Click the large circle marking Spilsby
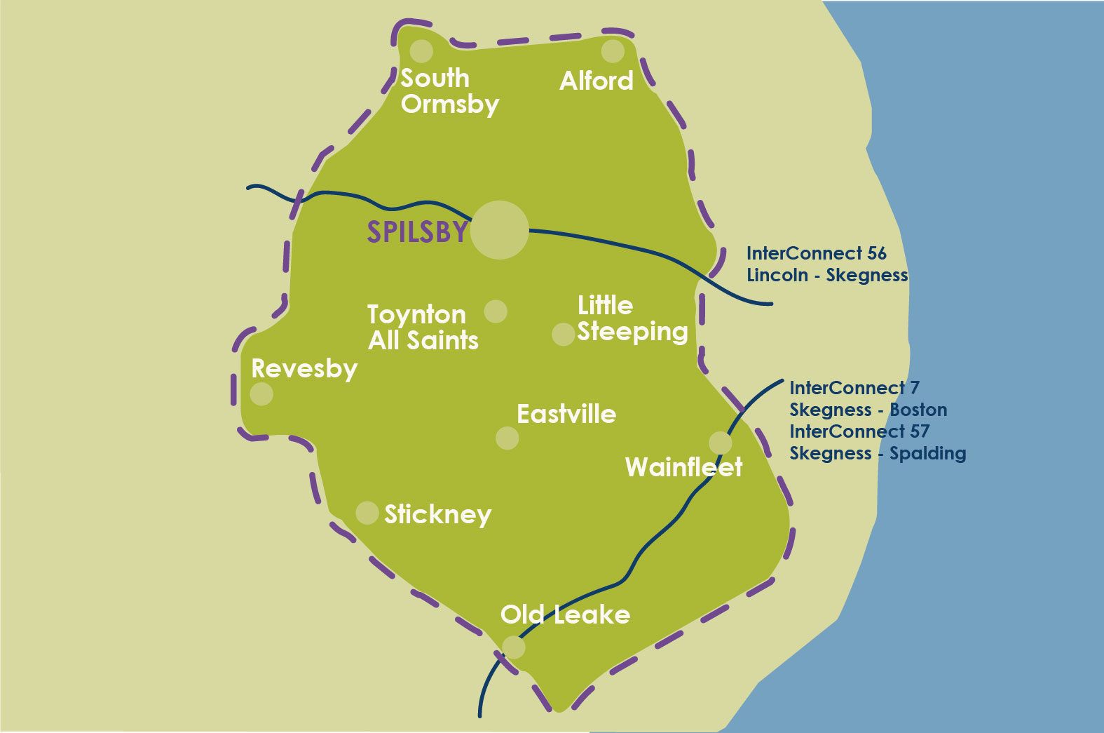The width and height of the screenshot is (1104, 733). [x=499, y=230]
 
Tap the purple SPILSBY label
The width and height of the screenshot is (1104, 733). [x=417, y=232]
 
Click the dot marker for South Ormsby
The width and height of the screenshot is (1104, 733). [x=421, y=51]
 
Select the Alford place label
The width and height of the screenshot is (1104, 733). [x=597, y=81]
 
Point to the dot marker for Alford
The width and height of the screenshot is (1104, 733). [x=613, y=51]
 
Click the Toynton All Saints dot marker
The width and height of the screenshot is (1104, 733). [x=496, y=311]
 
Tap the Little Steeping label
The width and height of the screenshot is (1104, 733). [x=632, y=318]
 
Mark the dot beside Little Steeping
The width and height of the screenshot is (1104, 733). [x=563, y=334]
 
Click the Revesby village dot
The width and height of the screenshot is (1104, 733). [x=261, y=394]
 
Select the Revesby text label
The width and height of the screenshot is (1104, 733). [x=304, y=369]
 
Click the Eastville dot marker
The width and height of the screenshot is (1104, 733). [x=507, y=438]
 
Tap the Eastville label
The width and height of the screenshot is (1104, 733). [x=566, y=414]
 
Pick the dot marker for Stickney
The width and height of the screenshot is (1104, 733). [x=367, y=513]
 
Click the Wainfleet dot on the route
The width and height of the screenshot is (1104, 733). [x=720, y=443]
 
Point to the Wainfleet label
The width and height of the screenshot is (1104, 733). [x=683, y=467]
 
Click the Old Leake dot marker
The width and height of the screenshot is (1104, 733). [x=514, y=647]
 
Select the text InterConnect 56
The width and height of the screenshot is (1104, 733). [x=816, y=253]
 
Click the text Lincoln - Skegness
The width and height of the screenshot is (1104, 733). [x=827, y=275]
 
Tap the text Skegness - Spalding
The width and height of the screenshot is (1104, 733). [x=878, y=453]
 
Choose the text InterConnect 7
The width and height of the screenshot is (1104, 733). [x=854, y=388]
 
